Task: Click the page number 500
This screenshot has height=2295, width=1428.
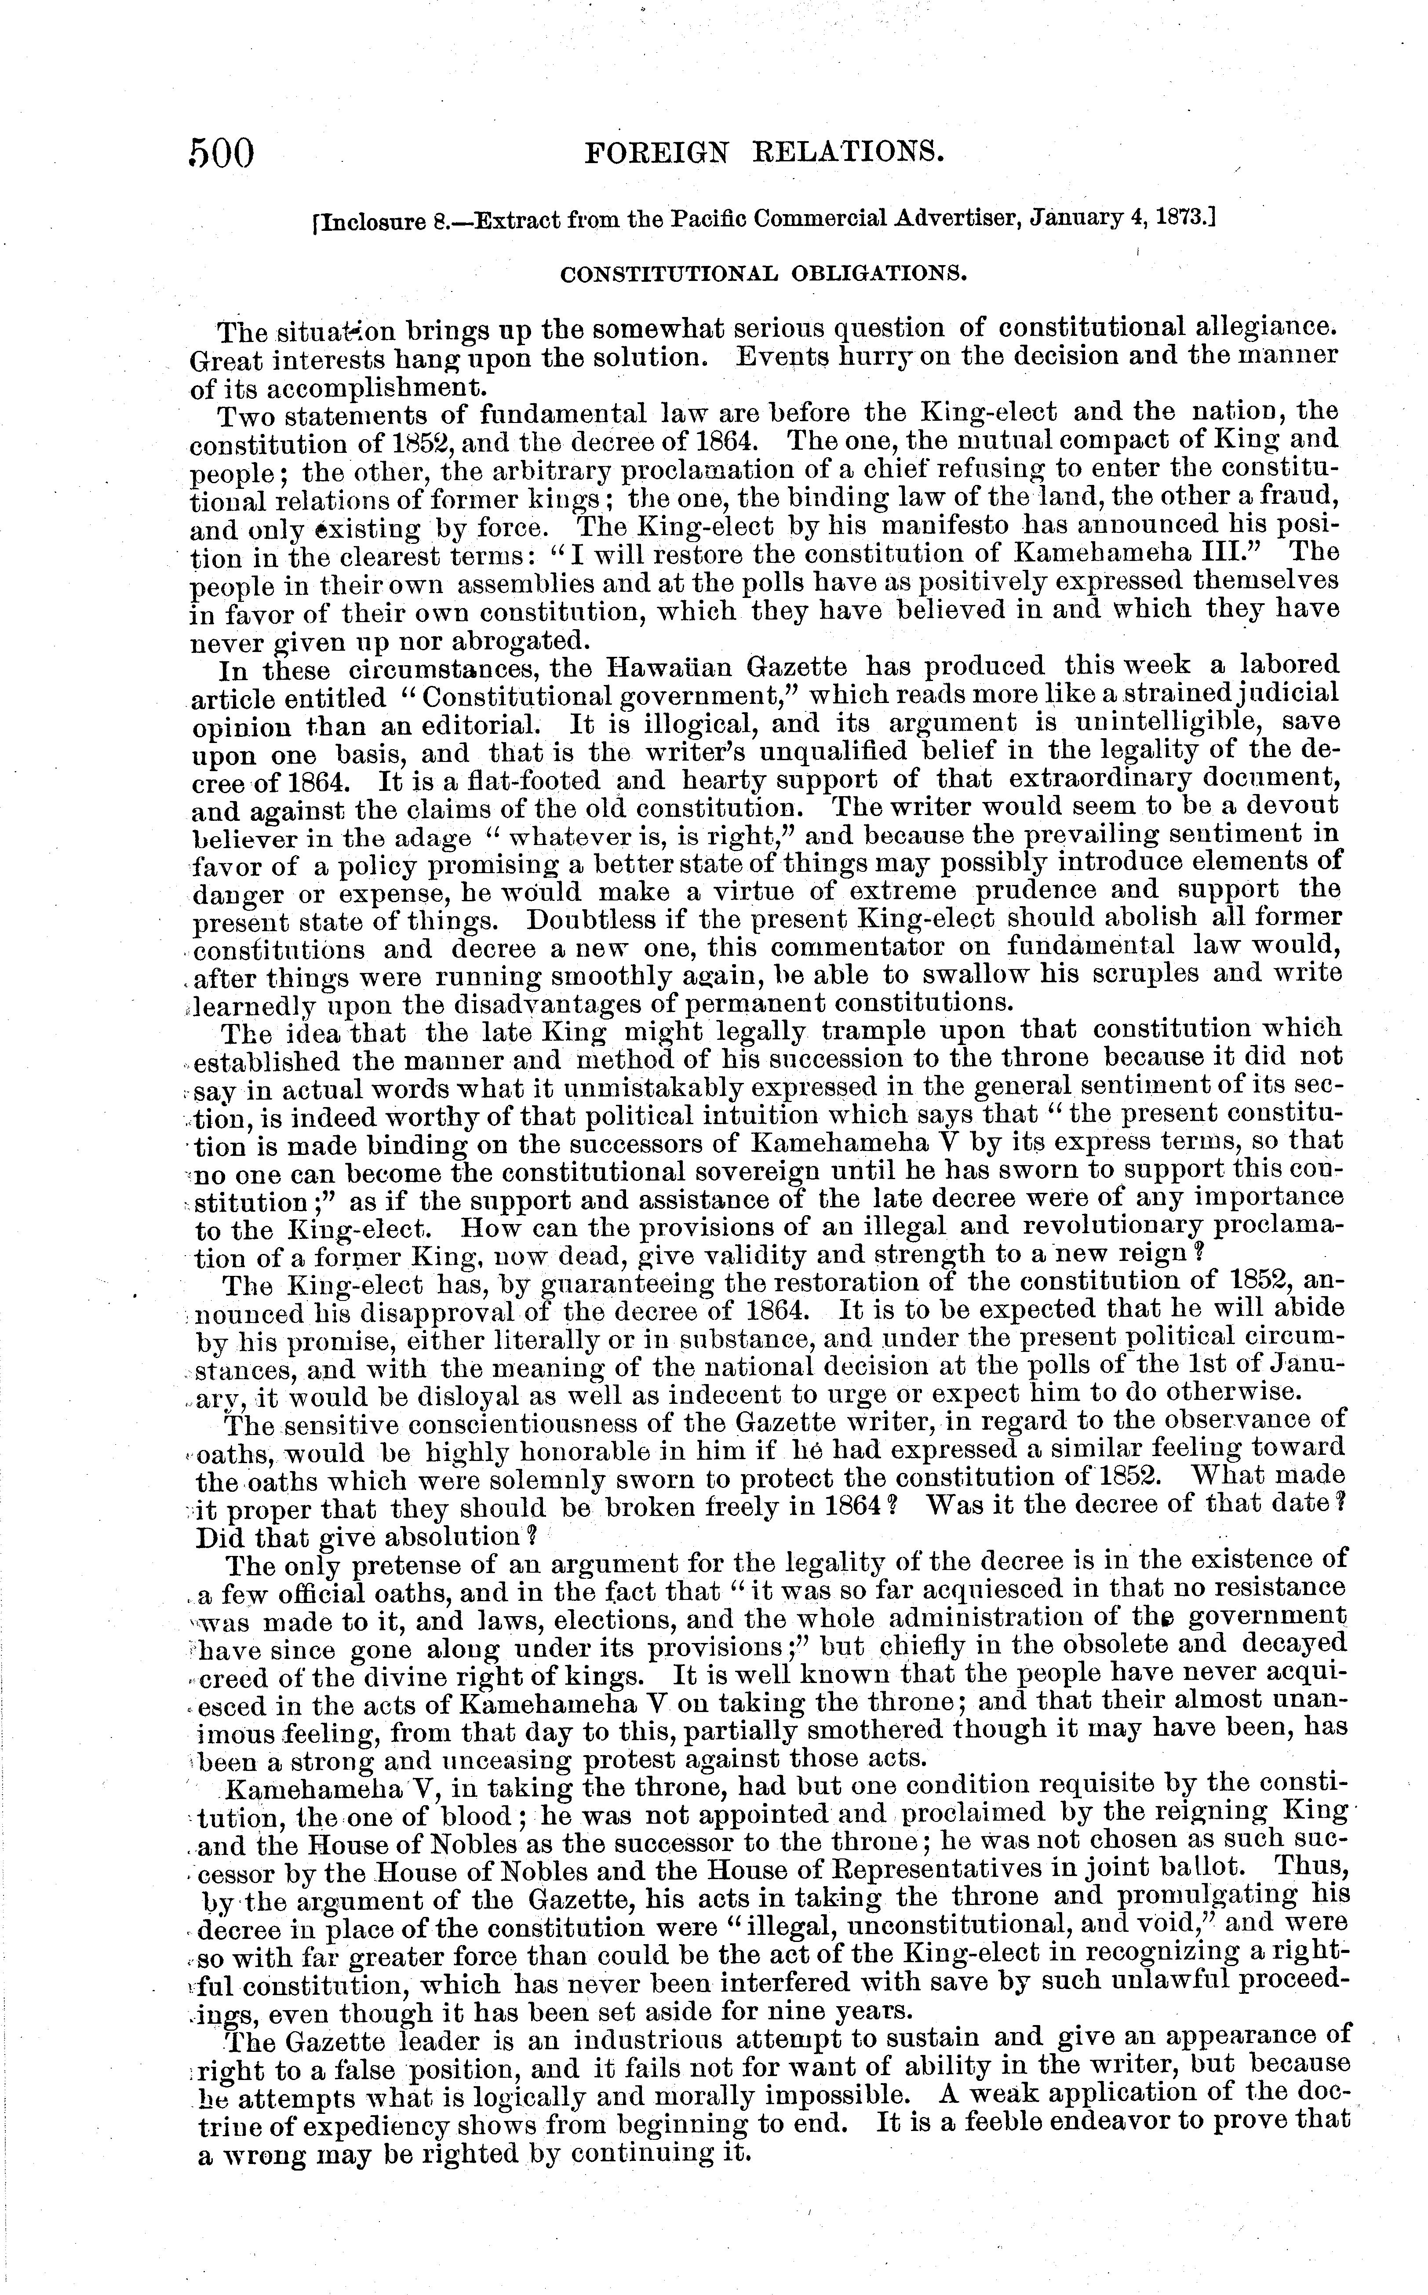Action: pos(223,153)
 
